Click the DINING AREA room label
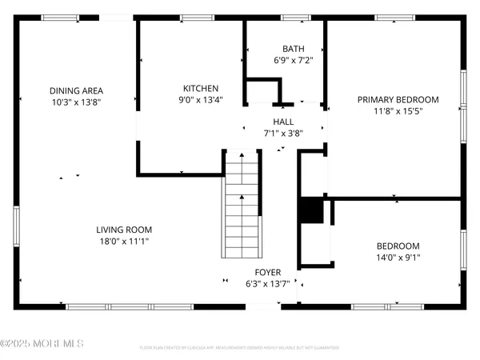76,90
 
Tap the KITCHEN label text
200,88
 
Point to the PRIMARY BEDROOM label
398,99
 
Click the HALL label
283,122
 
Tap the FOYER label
267,272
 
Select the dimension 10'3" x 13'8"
76,102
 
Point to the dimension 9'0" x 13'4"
200,100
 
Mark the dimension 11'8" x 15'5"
398,111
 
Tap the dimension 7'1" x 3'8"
283,134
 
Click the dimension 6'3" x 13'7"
267,284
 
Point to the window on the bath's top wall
293,18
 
